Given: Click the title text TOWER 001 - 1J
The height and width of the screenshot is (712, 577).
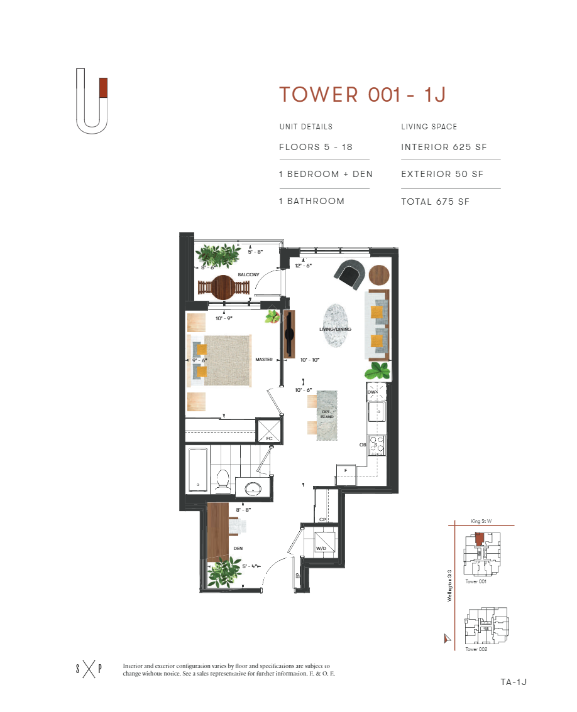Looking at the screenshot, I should point(363,94).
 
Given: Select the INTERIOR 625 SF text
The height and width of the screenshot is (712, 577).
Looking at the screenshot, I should point(444,148).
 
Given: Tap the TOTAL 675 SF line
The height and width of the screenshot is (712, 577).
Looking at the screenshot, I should point(436,202).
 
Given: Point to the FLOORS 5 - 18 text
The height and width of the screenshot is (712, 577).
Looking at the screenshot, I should point(316,148).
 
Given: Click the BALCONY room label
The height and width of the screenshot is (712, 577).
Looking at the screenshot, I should point(248,275).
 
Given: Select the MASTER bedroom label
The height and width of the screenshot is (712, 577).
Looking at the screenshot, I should point(263,360).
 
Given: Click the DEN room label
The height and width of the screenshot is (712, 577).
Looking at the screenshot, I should point(238,548).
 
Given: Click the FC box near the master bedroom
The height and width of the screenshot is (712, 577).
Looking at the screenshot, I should point(269,432).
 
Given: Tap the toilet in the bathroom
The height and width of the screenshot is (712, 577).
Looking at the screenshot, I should point(222,480).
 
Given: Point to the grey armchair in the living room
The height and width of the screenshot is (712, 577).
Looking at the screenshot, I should point(349,274).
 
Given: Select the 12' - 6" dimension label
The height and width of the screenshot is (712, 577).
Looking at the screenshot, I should point(304,266).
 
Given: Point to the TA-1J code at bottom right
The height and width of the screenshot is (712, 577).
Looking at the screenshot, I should point(513,682).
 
